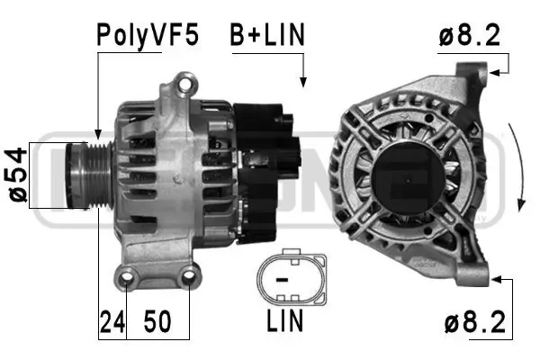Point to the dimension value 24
point(111,321)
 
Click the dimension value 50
point(159,321)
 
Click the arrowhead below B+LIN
point(303,83)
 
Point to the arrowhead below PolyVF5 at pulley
point(96,134)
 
